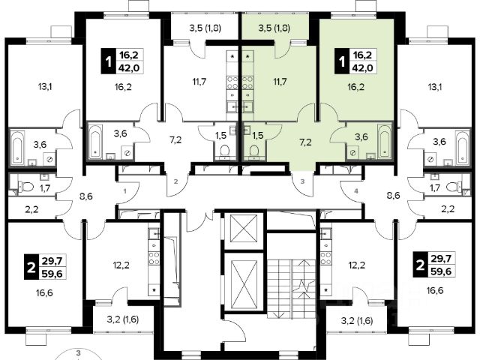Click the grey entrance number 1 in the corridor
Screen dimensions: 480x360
[x=125, y=192]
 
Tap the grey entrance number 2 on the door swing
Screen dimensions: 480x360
[x=175, y=181]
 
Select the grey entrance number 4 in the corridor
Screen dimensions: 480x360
[x=355, y=191]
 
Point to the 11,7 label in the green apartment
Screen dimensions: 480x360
[x=280, y=82]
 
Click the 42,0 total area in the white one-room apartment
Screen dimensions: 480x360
[x=130, y=68]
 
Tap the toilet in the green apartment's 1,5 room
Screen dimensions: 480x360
[x=253, y=151]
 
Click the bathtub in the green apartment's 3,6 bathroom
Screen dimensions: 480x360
[x=385, y=140]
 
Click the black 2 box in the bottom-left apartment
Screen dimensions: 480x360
[x=31, y=267]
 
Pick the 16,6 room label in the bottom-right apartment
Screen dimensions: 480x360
[x=435, y=290]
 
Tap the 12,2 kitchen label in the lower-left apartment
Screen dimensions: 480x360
[x=121, y=265]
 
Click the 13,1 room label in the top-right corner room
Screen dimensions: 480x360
[x=434, y=87]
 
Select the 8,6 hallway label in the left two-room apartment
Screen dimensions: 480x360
[x=85, y=196]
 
